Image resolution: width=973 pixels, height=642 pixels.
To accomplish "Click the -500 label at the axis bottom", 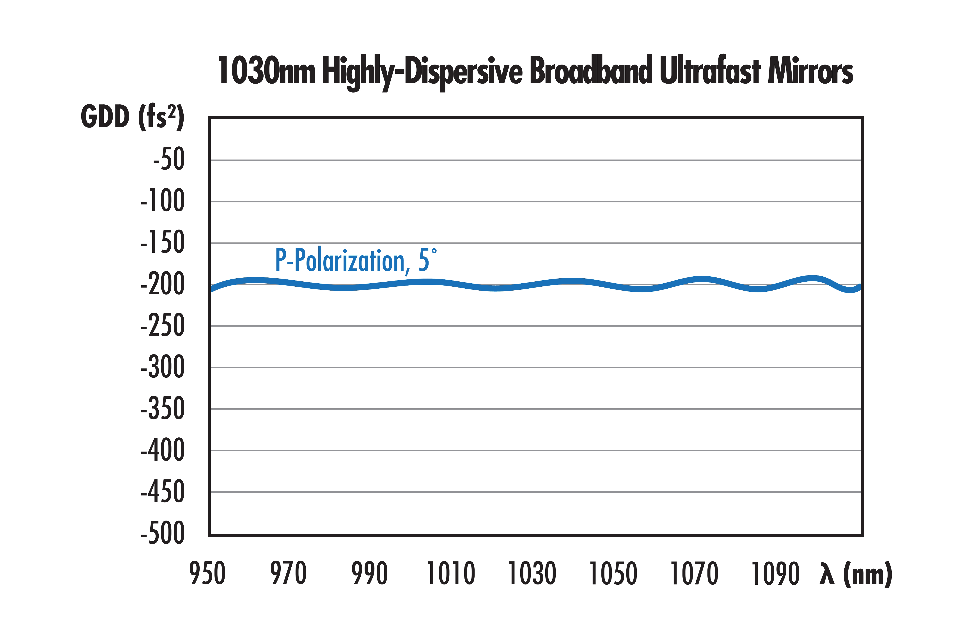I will (163, 533).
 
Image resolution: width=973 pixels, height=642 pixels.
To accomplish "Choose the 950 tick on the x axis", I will (207, 574).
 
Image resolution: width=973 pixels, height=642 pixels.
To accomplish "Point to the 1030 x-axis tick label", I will (532, 574).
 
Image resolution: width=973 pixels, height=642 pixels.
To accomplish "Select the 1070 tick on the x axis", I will (694, 574).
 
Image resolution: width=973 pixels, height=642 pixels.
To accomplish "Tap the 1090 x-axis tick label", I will (775, 574).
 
